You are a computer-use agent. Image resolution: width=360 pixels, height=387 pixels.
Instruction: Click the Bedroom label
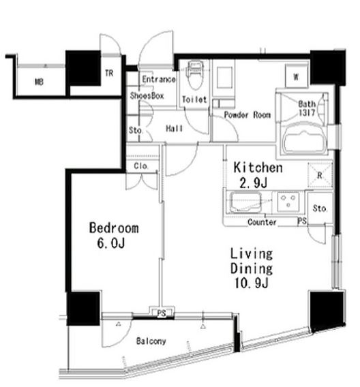[114, 228]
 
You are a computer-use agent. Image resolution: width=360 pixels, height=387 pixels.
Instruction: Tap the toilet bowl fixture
[196, 75]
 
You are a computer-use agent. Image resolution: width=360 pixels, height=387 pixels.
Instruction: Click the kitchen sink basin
[245, 202]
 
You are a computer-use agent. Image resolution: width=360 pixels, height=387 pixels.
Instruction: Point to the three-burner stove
[288, 202]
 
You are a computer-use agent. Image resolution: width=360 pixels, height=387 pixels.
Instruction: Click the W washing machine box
[297, 76]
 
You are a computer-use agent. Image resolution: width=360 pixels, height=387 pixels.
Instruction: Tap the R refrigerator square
[320, 175]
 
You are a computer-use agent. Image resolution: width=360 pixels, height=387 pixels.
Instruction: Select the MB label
[40, 82]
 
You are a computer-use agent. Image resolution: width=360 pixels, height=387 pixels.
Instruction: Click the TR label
[109, 73]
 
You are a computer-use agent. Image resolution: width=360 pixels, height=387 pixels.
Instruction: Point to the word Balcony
[151, 341]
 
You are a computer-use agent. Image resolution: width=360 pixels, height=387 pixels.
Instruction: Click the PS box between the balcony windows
[162, 313]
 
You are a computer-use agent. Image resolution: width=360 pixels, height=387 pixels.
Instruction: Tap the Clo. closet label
[141, 166]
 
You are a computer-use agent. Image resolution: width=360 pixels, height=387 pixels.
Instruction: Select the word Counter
[262, 222]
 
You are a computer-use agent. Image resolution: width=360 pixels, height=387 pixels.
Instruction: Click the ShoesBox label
[147, 95]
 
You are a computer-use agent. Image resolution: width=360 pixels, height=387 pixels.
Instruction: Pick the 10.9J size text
[251, 283]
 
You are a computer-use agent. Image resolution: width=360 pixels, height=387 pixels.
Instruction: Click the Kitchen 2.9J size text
[254, 183]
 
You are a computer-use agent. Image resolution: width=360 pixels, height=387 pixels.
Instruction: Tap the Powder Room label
[247, 114]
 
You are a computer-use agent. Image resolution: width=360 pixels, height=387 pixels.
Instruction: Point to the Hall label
[175, 128]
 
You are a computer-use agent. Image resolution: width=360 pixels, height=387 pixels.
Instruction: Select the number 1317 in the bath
[307, 112]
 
